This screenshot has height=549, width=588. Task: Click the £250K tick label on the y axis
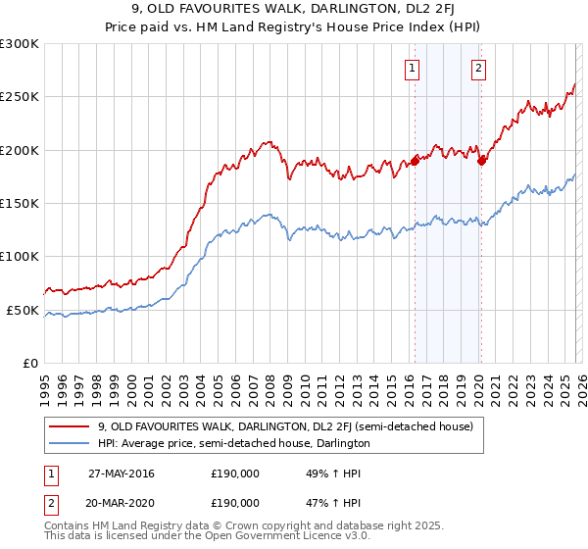pyautogui.click(x=20, y=97)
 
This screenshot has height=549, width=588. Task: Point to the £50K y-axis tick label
pyautogui.click(x=23, y=310)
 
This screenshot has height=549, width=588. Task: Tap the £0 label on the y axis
pyautogui.click(x=31, y=363)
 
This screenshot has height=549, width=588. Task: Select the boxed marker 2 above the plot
pyautogui.click(x=478, y=69)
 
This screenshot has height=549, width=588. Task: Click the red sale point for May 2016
pyautogui.click(x=415, y=161)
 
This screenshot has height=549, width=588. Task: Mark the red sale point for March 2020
pyautogui.click(x=481, y=161)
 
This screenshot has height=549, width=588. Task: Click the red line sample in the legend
pyautogui.click(x=69, y=426)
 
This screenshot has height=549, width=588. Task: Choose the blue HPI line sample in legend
pyautogui.click(x=69, y=443)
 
